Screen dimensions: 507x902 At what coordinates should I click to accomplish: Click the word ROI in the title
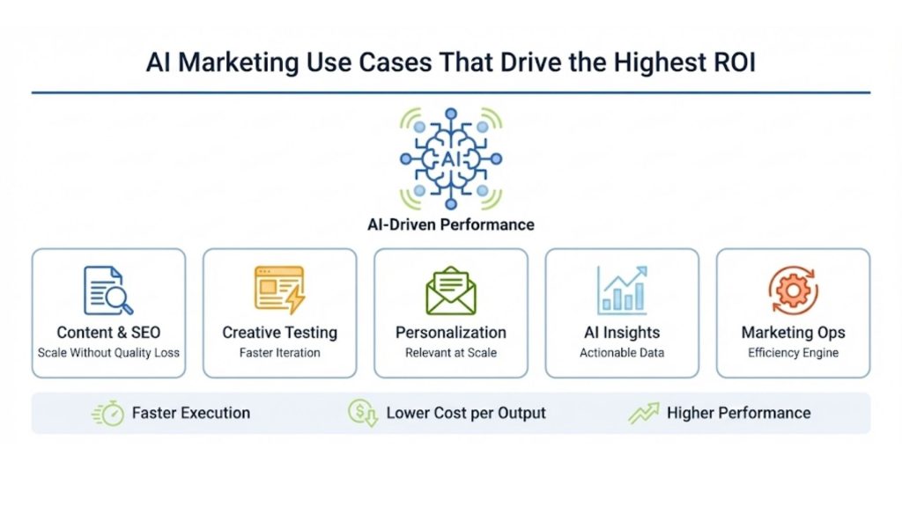731,63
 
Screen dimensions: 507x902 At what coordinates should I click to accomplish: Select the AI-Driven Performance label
451,224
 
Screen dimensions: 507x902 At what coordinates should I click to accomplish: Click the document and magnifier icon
108,290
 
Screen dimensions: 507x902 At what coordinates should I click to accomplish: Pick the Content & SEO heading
108,333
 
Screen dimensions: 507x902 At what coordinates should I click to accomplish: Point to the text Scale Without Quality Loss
108,353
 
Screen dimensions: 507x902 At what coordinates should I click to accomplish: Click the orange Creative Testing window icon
279,290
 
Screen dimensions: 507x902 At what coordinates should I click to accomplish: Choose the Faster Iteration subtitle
279,353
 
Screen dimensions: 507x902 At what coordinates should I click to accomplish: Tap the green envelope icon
451,290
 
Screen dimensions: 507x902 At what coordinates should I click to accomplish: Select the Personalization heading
451,333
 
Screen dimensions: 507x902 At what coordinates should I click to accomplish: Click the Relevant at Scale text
451,353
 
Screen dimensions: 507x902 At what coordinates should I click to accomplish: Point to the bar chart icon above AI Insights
622,290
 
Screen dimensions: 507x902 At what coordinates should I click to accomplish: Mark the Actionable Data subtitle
622,353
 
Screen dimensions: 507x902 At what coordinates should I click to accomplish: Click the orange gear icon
793,290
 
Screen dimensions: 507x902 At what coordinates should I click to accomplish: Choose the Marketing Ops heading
793,333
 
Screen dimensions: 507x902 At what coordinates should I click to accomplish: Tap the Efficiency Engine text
793,353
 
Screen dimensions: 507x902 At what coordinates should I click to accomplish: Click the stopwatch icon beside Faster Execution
109,413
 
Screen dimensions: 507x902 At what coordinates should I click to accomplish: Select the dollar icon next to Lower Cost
362,413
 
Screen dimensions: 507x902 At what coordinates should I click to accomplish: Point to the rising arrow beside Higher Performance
644,413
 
